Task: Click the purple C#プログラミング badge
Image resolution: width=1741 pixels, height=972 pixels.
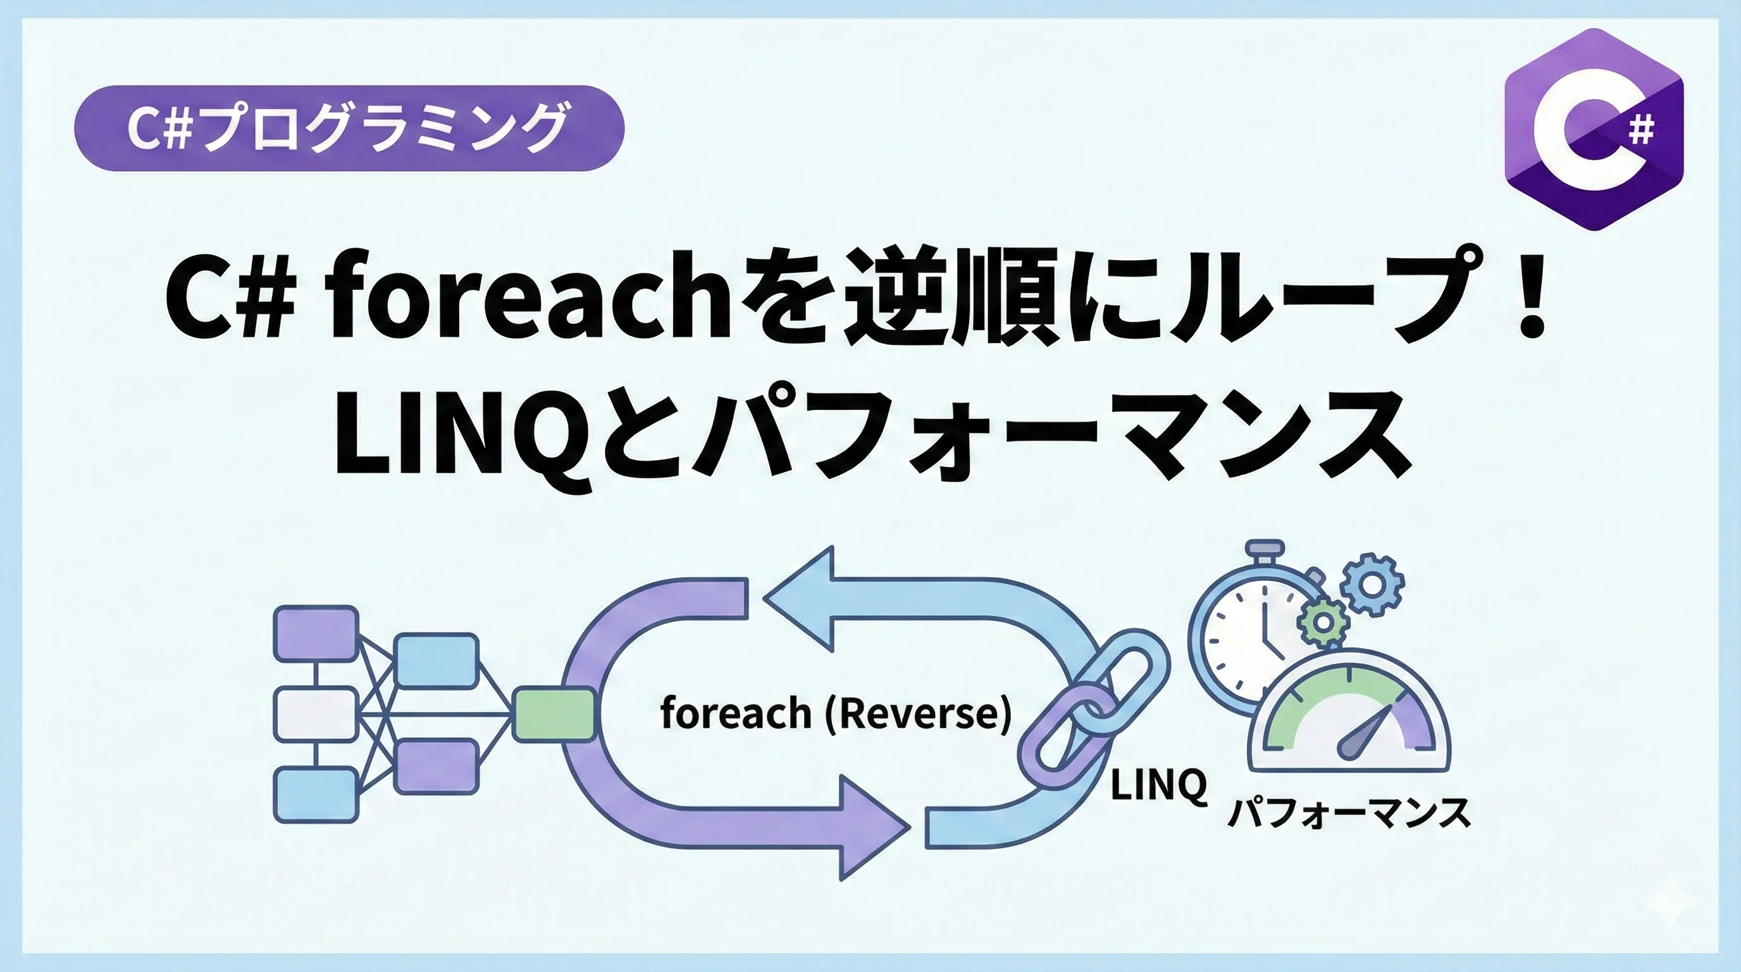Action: coord(349,128)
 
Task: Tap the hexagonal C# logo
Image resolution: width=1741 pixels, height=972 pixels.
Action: coord(1594,129)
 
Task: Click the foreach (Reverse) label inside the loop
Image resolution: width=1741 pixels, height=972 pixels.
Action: coord(835,714)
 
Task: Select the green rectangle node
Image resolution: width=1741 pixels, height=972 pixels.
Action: coord(554,714)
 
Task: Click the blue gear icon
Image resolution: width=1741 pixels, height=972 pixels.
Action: coord(1372,585)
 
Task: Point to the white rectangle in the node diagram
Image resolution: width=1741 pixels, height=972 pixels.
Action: coord(316,714)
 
